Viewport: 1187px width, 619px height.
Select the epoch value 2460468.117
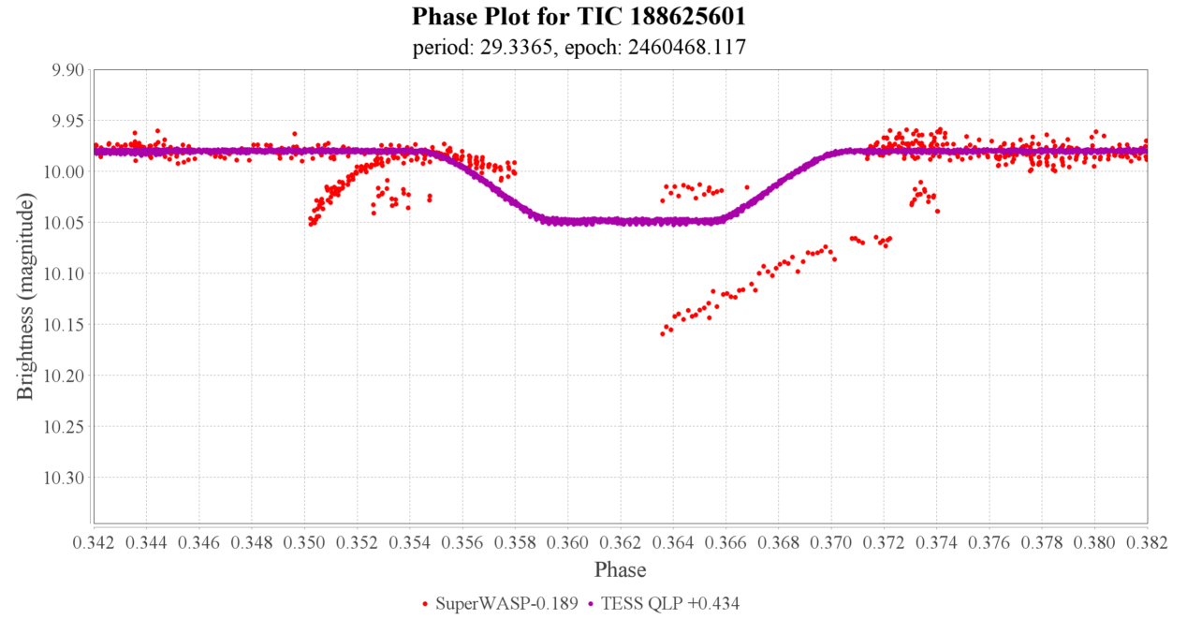(694, 47)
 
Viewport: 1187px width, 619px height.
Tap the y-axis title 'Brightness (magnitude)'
(25, 297)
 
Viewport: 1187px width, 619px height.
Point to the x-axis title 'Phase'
(620, 569)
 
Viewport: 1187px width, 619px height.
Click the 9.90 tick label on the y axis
(66, 70)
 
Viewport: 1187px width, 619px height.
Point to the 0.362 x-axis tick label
(621, 542)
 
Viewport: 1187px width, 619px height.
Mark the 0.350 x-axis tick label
(305, 542)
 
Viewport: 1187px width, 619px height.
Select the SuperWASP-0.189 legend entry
(506, 604)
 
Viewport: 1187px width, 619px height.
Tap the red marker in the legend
(426, 605)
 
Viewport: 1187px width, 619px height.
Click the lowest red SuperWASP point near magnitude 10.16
(663, 333)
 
